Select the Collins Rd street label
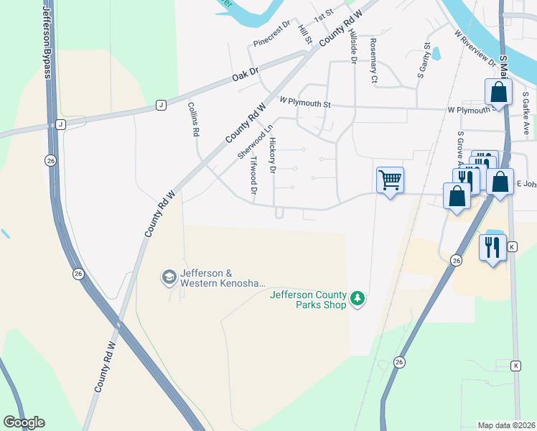[x=193, y=119]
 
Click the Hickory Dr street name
[x=272, y=157]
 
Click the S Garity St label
[x=424, y=60]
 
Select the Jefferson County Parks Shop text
[x=308, y=300]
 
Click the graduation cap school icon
[x=169, y=277]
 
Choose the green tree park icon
[x=357, y=298]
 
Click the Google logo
[x=24, y=422]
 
